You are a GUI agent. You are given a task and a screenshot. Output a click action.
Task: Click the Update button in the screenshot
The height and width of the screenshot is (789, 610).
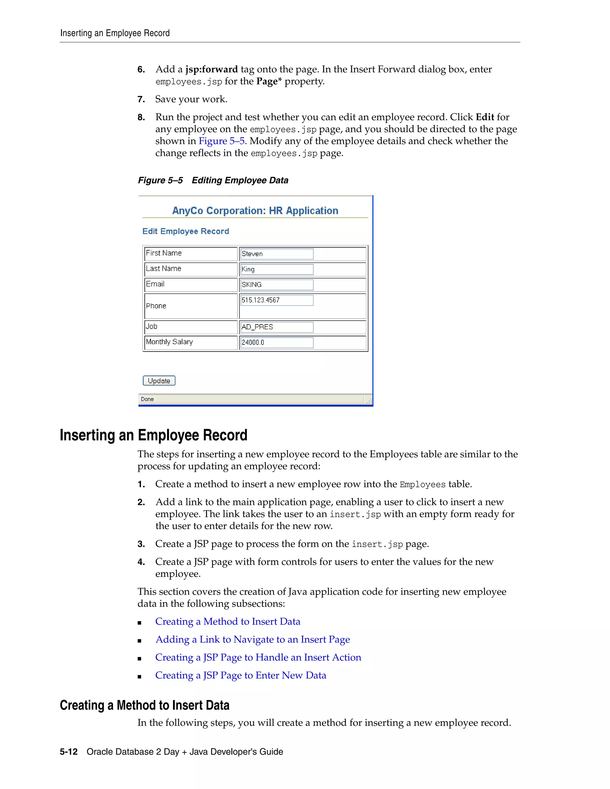coord(159,381)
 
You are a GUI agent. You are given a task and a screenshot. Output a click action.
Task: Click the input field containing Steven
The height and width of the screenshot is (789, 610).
coord(276,254)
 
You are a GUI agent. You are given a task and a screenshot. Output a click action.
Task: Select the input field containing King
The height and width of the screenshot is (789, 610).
coord(276,269)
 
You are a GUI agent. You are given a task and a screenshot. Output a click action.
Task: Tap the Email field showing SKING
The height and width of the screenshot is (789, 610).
coord(276,285)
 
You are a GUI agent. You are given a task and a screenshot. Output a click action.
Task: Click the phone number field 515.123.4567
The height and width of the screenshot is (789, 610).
coord(276,300)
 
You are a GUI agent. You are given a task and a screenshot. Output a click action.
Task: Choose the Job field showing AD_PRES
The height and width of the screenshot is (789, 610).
coord(276,327)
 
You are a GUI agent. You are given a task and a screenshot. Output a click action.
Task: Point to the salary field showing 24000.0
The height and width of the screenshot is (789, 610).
coord(276,342)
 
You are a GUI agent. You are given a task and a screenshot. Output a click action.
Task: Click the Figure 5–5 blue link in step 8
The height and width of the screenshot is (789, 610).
coord(222,141)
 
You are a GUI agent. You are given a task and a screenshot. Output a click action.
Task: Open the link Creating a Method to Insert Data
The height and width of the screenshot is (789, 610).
coord(228,621)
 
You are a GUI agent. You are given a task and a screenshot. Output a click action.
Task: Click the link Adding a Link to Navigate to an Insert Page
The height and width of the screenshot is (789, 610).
coord(253,640)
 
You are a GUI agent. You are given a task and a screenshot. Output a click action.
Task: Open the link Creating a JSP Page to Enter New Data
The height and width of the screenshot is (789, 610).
coord(241,675)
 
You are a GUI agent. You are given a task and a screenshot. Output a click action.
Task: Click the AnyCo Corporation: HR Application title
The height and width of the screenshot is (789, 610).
coord(255,210)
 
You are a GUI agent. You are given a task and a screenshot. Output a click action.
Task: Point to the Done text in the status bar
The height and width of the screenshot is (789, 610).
coord(147,399)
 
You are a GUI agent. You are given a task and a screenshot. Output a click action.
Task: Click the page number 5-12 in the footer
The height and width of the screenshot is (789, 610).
coord(69,752)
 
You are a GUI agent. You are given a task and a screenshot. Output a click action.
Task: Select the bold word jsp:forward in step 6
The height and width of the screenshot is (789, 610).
coord(211,69)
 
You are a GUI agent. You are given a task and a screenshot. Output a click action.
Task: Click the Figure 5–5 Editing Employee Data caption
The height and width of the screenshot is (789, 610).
coord(213,180)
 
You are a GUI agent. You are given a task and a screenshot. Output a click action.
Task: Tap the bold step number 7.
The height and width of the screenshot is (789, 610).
coord(141,99)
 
